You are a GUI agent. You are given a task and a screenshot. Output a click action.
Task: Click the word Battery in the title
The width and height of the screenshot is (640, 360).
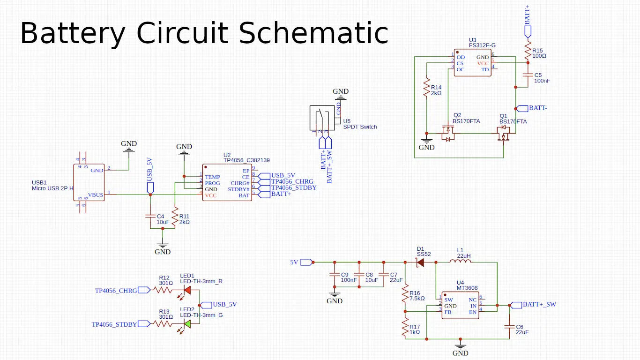[x=73, y=34]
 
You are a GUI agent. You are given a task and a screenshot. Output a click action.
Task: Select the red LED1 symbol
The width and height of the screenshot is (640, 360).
[x=187, y=290]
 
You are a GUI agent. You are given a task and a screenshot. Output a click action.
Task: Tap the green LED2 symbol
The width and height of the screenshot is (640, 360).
[x=187, y=324]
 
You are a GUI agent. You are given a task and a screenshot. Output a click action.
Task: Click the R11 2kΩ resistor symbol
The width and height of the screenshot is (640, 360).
[x=175, y=217]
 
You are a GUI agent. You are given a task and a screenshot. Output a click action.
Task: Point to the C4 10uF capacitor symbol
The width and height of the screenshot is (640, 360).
[x=150, y=216]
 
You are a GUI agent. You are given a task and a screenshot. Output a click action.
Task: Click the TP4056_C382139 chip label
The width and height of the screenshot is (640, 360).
[x=246, y=160]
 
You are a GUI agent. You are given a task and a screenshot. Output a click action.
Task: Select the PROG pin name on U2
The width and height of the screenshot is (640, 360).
[x=212, y=183]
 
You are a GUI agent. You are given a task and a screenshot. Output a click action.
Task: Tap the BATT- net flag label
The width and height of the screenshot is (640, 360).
[x=538, y=108]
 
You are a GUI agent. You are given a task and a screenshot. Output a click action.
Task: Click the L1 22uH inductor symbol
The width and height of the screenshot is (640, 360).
[x=460, y=262]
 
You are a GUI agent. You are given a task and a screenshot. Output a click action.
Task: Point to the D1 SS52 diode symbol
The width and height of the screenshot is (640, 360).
[x=421, y=262]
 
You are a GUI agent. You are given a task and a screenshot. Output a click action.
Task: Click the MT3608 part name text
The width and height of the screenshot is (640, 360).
[x=468, y=288]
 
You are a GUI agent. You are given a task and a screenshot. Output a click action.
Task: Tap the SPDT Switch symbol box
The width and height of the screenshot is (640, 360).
[x=322, y=118]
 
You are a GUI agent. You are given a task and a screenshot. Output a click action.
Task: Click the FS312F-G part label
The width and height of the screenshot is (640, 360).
[x=482, y=45]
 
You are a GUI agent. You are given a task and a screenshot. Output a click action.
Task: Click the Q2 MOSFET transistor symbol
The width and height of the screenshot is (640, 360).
[x=448, y=134]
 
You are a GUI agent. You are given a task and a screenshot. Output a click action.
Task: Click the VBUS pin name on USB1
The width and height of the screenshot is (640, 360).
[x=96, y=195]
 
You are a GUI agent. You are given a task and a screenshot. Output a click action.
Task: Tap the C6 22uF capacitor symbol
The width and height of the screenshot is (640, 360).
[x=509, y=326]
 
